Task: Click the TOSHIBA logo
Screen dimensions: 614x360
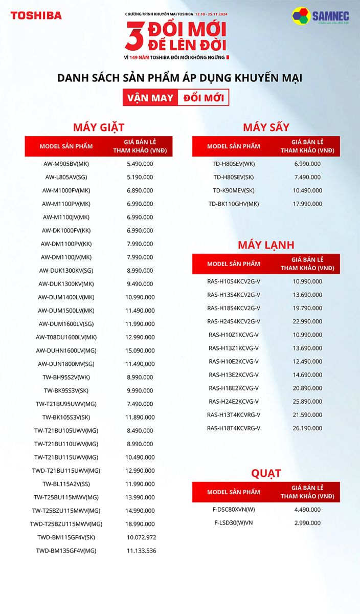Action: (x=36, y=15)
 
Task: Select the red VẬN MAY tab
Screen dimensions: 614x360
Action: (x=150, y=97)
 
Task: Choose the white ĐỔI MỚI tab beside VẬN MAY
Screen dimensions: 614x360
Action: (x=203, y=97)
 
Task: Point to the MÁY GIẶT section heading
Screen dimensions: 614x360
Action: (x=99, y=127)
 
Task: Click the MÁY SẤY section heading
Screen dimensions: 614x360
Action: (x=266, y=127)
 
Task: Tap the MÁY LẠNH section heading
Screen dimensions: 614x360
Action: (x=266, y=245)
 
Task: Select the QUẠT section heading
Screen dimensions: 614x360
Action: (x=266, y=473)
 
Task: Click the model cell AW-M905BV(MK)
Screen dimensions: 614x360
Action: (x=66, y=164)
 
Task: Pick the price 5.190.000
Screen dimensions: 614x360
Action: (x=140, y=177)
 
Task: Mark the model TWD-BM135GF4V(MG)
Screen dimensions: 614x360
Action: (x=66, y=551)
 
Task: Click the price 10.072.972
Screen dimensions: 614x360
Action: (x=142, y=537)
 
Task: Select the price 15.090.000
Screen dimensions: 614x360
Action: (x=140, y=350)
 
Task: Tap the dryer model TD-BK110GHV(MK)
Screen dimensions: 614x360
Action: (x=234, y=204)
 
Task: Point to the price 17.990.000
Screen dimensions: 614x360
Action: (x=307, y=204)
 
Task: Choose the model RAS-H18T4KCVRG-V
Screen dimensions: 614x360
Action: (x=234, y=428)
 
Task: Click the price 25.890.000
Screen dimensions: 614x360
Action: (x=307, y=401)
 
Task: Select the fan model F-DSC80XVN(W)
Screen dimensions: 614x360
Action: (x=234, y=510)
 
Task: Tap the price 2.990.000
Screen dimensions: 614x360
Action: (x=307, y=523)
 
